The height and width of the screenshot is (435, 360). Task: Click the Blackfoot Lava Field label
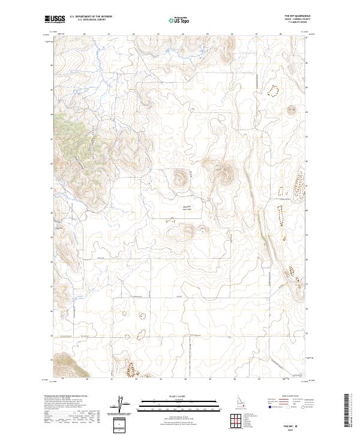coord(186,207)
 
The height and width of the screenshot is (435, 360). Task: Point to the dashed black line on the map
coord(190,351)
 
